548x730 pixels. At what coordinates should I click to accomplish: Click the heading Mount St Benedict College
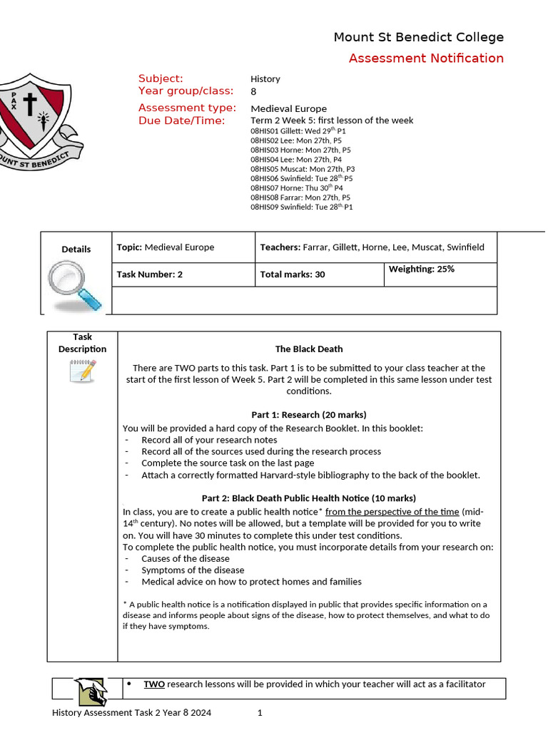pos(418,37)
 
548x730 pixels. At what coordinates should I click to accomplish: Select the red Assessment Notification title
pos(426,58)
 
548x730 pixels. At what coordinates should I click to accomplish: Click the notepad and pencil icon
pos(83,371)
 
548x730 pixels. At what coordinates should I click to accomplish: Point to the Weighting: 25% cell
pos(421,269)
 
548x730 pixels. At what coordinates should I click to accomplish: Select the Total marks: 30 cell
pos(292,274)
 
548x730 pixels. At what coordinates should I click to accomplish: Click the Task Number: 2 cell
pos(149,274)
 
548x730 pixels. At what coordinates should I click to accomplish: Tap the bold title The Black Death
pos(309,349)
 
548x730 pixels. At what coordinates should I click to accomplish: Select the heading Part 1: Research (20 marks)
pos(309,415)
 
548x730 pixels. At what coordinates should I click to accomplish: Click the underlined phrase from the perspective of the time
pos(392,512)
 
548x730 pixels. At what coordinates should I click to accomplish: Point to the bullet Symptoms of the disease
pos(193,570)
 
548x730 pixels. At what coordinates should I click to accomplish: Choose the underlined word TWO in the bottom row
pos(154,684)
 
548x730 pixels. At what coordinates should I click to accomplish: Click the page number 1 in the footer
pos(260,713)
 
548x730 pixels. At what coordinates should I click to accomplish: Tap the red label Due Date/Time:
pos(181,120)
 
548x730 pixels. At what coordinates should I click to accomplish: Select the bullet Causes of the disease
pos(186,559)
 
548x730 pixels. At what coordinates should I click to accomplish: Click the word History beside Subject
pos(265,79)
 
